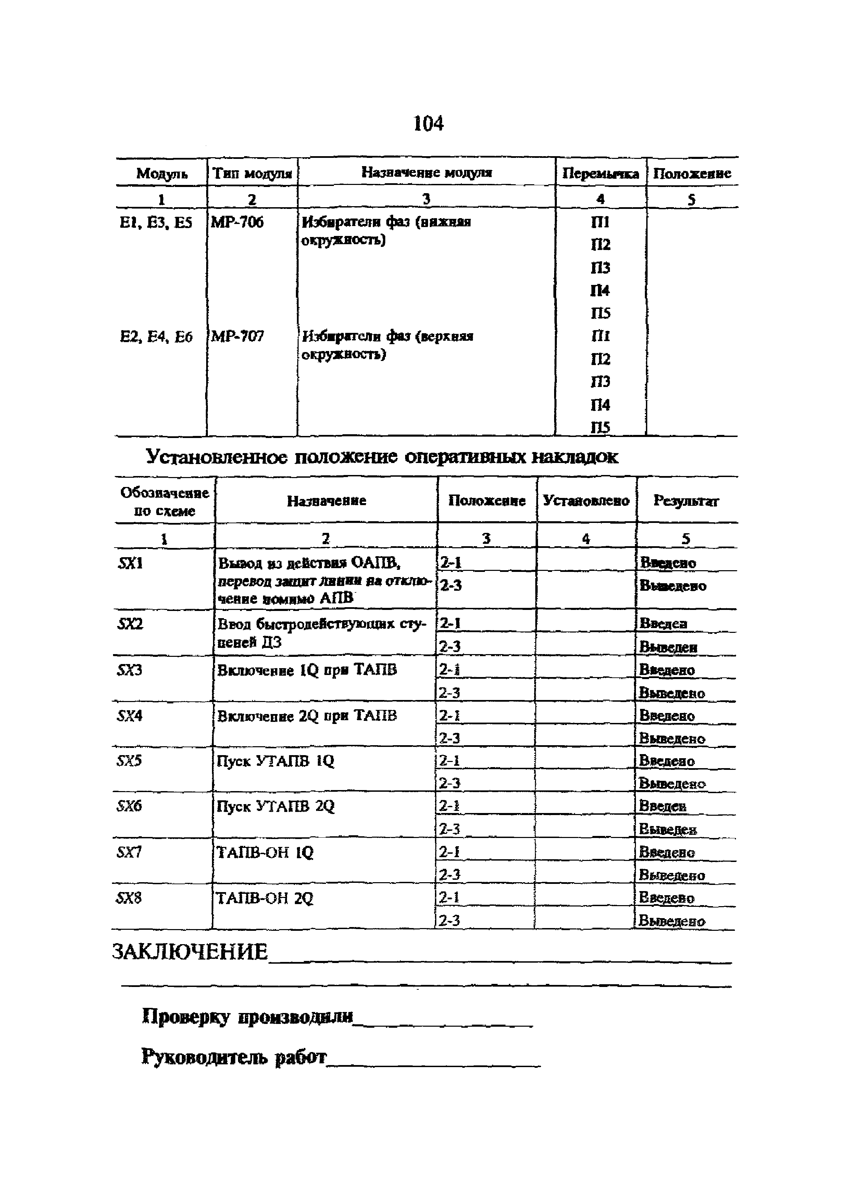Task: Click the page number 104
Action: click(428, 124)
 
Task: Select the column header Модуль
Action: click(162, 173)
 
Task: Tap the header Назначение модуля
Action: click(427, 172)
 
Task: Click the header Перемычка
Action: click(600, 174)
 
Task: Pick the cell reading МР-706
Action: click(237, 222)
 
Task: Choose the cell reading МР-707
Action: click(237, 336)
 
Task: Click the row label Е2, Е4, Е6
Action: click(156, 337)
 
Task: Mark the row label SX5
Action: click(129, 760)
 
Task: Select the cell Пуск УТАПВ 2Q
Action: click(275, 806)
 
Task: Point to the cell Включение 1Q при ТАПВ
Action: click(307, 670)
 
